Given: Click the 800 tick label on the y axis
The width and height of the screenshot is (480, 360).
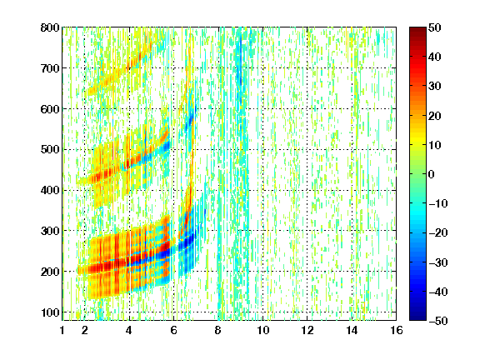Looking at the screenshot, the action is pos(50,27).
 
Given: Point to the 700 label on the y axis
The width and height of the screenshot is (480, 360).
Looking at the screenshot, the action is pos(50,68).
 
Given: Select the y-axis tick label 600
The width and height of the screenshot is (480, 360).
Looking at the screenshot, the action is pos(50,109).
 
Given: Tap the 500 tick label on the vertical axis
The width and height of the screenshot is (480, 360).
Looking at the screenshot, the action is pos(50,150).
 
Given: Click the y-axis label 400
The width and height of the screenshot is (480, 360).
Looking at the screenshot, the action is pos(50,190).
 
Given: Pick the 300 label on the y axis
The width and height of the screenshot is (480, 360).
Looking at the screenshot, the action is pos(50,231).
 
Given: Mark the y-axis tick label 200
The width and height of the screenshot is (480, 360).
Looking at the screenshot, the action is pos(50,272).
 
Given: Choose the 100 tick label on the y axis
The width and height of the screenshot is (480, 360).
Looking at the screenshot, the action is pos(50,312).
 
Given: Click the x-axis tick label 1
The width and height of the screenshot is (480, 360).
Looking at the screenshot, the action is pos(62,330).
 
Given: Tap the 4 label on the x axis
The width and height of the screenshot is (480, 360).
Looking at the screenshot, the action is pos(129,330).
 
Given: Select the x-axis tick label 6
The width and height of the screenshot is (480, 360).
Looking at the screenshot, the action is pos(173,330).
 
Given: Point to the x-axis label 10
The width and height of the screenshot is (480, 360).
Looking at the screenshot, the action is pos(263,330).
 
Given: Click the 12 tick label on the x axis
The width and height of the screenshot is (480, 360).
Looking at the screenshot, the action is pos(307,330).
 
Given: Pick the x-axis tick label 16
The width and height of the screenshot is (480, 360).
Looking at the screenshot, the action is pos(397,330).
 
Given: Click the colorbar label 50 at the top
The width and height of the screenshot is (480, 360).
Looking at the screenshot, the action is pos(434,27).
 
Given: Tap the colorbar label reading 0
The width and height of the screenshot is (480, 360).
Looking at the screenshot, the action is pos(432,174).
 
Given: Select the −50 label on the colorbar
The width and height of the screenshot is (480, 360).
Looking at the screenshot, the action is pos(438,321).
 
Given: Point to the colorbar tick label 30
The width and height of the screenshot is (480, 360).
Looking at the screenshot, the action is pos(434,87).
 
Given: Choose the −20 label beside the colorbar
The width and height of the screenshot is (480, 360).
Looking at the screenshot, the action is pos(438,233).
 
